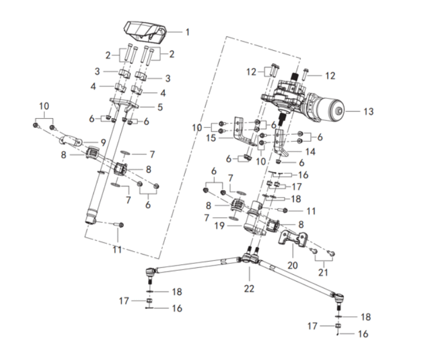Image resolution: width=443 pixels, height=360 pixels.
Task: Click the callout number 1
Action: [x=187, y=32]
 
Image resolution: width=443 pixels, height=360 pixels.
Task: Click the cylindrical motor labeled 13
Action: [x=325, y=108]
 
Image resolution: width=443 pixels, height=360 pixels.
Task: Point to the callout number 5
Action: [x=160, y=107]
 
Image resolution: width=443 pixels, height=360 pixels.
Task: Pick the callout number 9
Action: [x=104, y=141]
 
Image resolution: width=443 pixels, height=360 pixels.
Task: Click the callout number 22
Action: [x=249, y=288]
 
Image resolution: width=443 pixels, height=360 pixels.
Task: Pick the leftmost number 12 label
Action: [x=251, y=72]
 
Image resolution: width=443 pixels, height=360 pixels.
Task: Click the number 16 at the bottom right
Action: [x=362, y=334]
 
